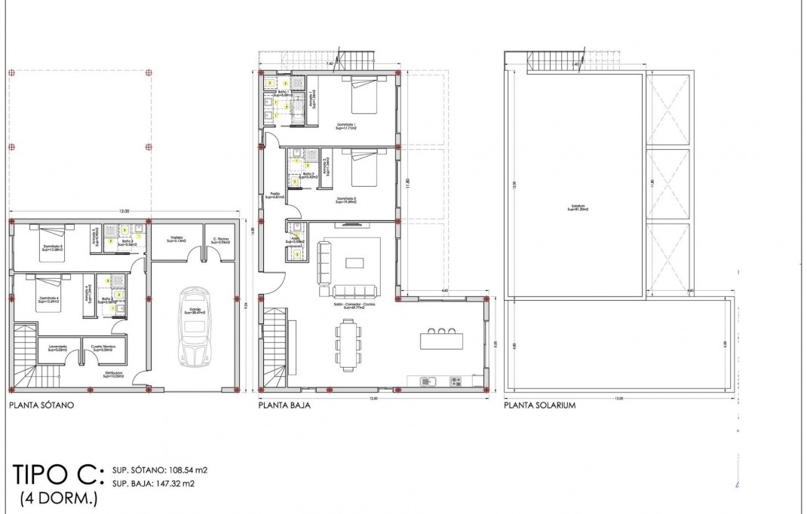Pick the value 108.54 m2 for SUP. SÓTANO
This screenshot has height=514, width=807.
[183, 470]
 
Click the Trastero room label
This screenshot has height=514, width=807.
[177, 239]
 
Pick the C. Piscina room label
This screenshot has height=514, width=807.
[221, 239]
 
